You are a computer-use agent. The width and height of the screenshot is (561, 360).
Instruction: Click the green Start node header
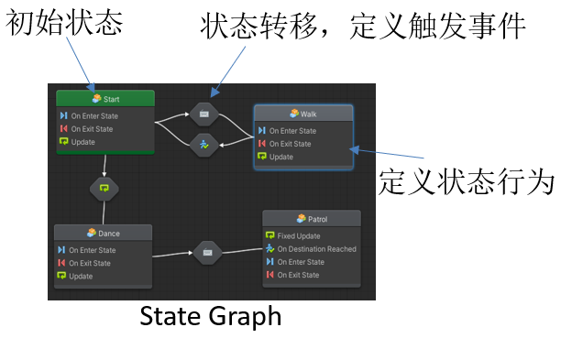(105, 99)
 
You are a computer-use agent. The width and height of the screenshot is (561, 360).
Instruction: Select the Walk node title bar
(302, 114)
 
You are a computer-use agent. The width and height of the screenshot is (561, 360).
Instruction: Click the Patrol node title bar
(312, 219)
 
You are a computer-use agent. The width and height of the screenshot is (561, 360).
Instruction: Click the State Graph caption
(210, 317)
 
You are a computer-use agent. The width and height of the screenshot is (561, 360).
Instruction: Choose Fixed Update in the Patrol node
(299, 236)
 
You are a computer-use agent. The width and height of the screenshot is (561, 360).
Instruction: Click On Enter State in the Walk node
(292, 131)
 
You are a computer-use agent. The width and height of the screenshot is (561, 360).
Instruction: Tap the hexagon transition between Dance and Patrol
(207, 253)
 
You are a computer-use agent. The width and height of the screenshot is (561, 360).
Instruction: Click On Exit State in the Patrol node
(301, 275)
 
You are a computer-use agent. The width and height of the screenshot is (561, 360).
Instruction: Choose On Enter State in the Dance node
(93, 250)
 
